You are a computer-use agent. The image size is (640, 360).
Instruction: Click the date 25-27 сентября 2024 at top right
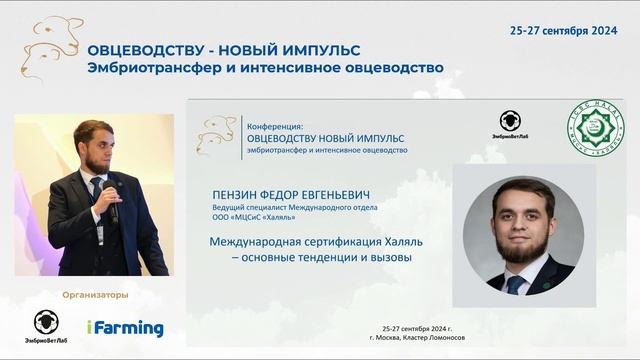tap(565, 31)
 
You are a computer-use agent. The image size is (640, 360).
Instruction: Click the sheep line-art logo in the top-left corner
tap(50, 45)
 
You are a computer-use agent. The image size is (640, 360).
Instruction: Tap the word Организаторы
tap(95, 294)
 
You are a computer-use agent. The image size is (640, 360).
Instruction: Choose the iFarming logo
tap(124, 328)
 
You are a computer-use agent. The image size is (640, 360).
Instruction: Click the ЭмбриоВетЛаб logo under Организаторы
tap(46, 326)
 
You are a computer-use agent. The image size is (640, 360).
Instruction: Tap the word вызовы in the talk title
tap(391, 257)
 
